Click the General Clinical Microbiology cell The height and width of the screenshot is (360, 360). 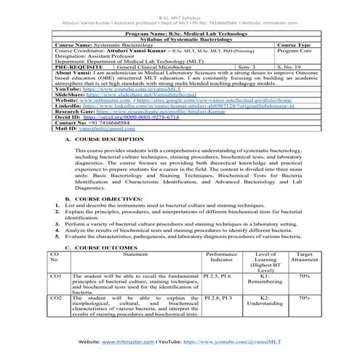point(142,65)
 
